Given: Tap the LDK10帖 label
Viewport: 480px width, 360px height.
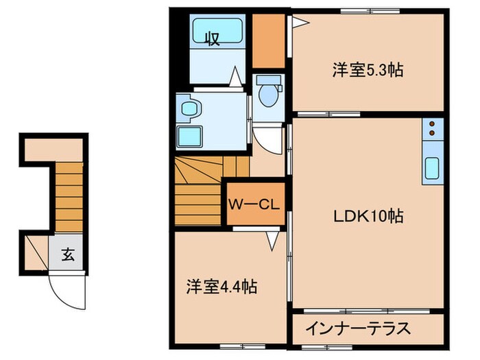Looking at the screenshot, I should tap(368, 217).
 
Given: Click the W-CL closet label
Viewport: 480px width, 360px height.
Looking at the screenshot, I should tap(253, 204).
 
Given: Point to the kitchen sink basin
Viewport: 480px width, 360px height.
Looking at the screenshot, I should tap(433, 168).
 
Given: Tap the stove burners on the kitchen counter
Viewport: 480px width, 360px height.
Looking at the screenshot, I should tap(433, 128).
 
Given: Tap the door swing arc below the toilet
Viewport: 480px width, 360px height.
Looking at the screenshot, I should tap(271, 141).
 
